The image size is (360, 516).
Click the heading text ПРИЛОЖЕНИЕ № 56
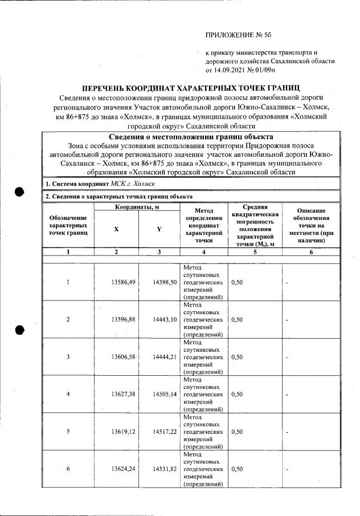(238, 35)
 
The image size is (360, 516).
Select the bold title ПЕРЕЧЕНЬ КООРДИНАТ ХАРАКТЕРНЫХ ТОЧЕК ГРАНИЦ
(191, 89)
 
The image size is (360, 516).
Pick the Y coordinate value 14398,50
(165, 282)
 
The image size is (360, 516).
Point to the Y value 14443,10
(165, 319)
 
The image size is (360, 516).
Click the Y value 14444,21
(165, 357)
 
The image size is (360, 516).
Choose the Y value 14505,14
(165, 394)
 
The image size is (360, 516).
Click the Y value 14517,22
(165, 432)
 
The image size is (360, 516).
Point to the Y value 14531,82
(165, 469)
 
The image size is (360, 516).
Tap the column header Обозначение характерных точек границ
(68, 225)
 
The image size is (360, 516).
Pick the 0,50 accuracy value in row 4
(238, 394)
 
